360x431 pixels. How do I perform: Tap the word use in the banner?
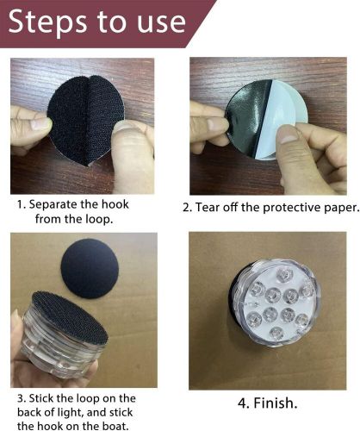click(161, 24)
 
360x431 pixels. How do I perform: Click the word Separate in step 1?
click(53, 205)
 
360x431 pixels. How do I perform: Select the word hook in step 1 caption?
click(115, 204)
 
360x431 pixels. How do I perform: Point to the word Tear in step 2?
click(206, 208)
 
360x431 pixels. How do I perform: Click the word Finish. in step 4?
click(276, 403)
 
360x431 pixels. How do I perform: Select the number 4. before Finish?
click(244, 403)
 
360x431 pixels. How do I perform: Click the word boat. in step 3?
click(115, 426)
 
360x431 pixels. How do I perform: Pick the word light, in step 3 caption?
click(69, 413)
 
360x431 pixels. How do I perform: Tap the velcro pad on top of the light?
click(70, 317)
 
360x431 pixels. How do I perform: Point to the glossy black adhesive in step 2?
click(247, 118)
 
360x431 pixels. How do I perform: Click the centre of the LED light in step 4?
click(275, 303)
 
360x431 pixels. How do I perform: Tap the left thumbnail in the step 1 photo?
click(41, 124)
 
